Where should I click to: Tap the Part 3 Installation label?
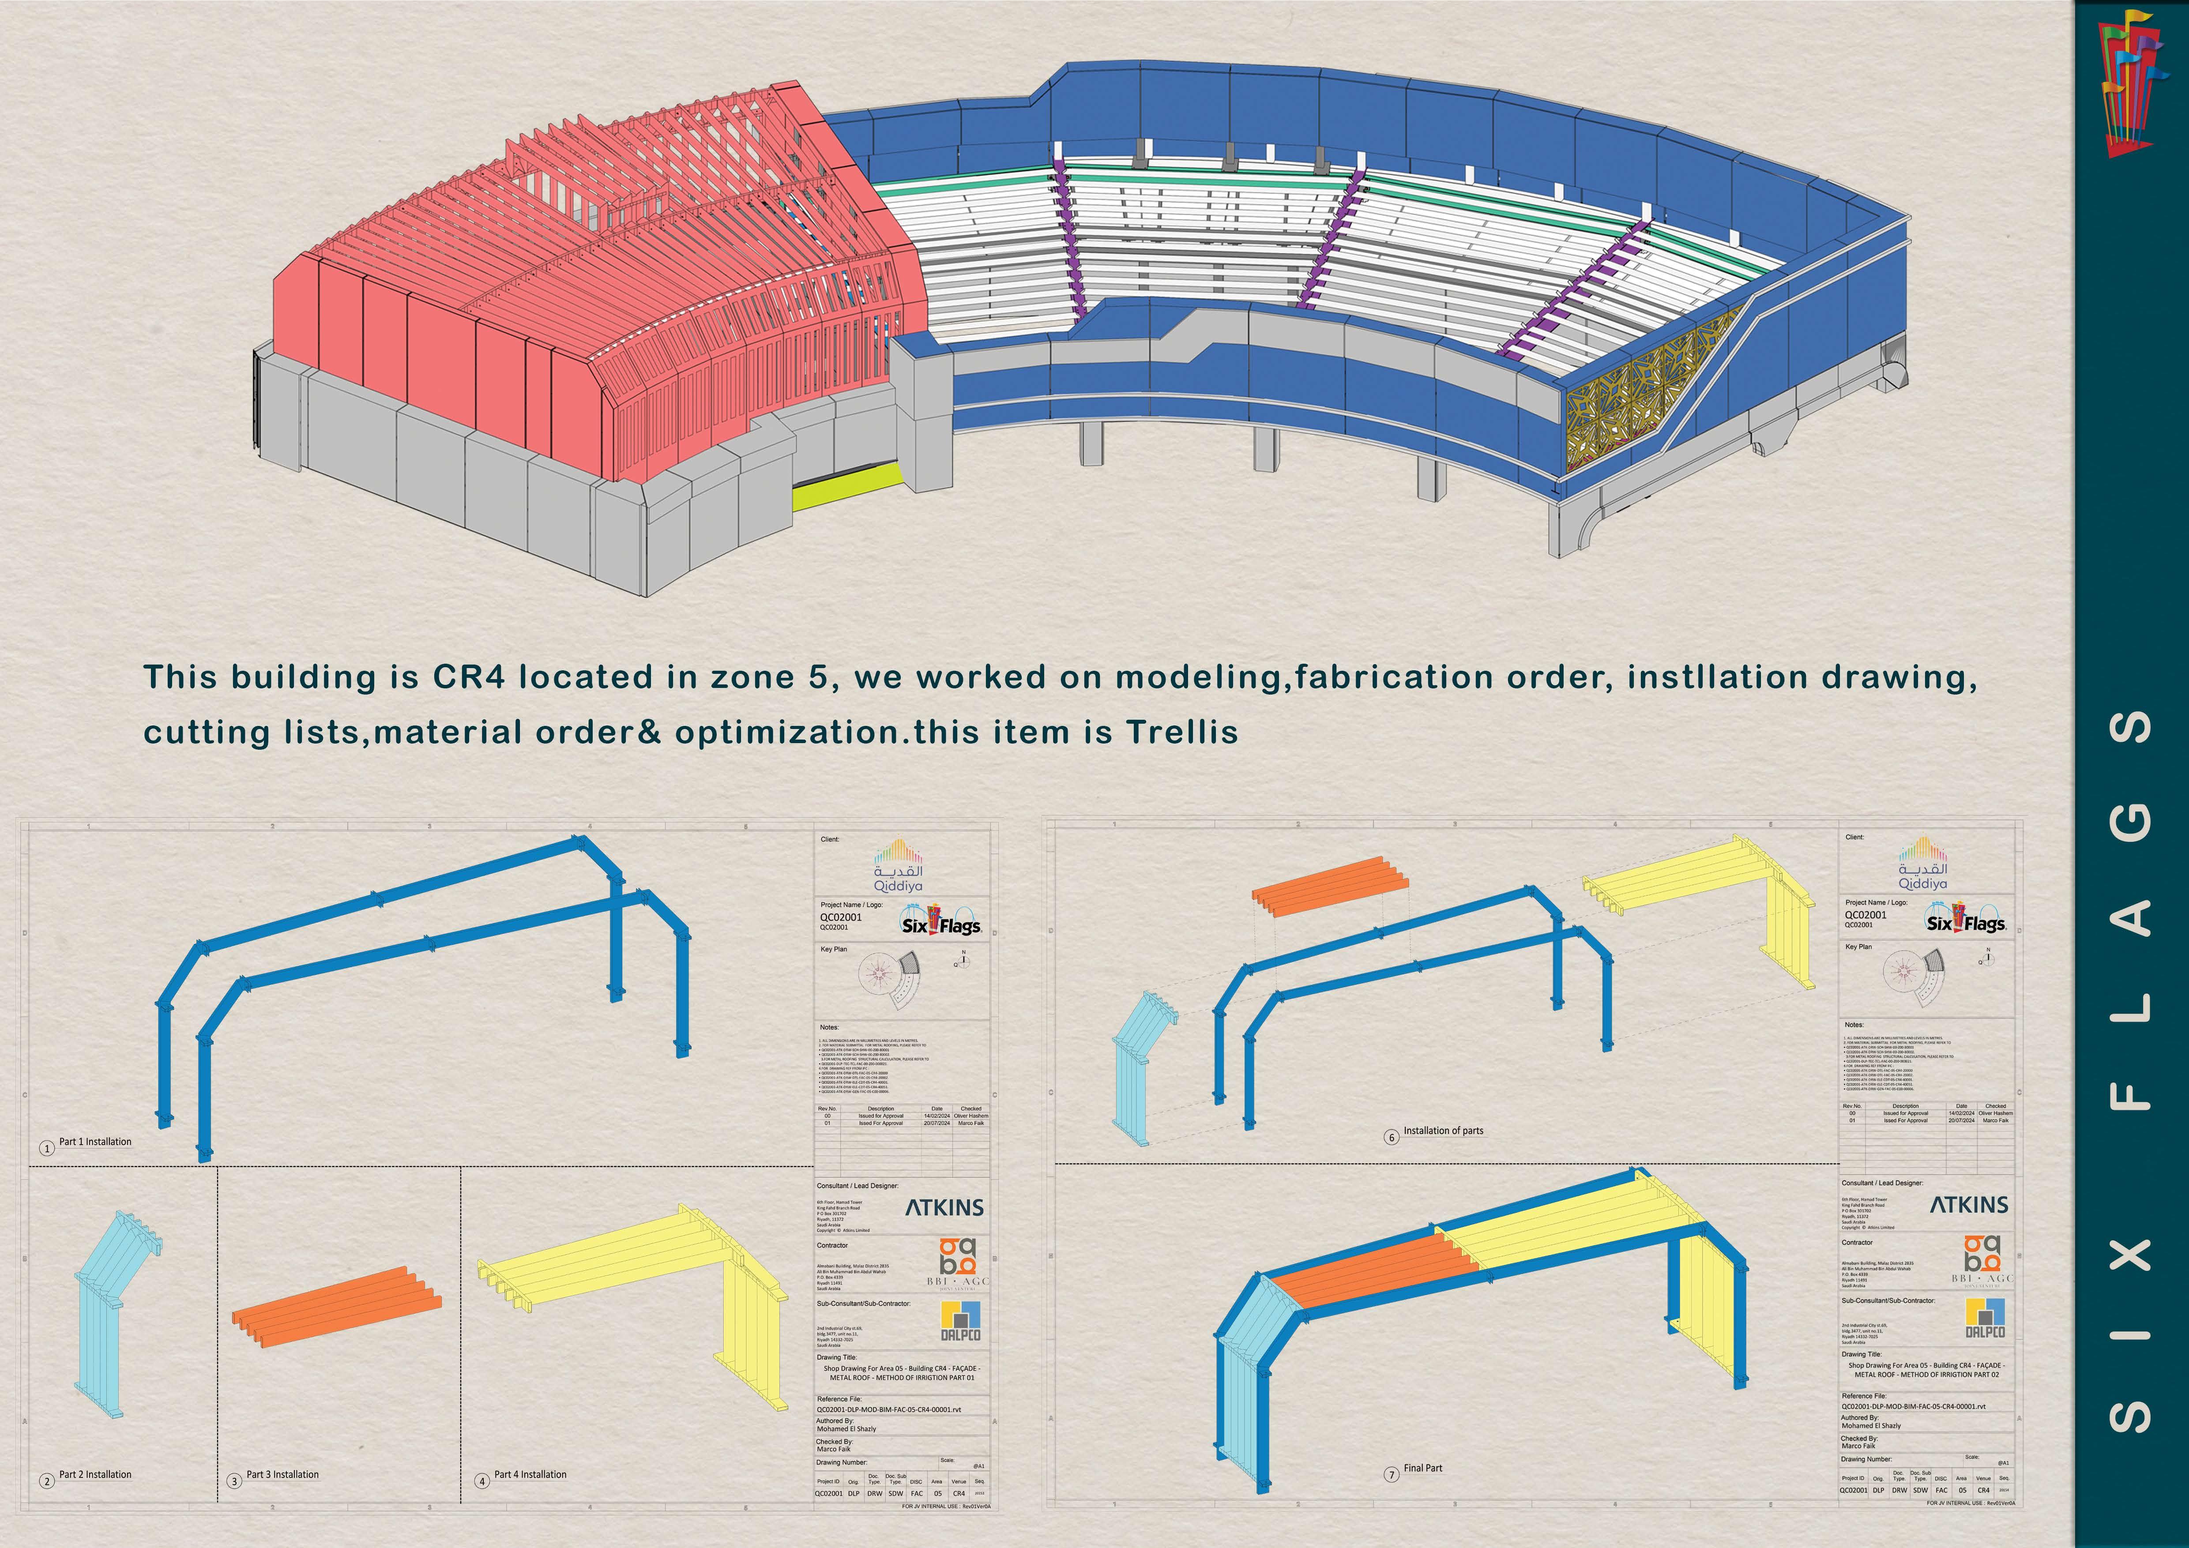(x=282, y=1474)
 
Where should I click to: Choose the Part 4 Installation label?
(x=530, y=1474)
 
